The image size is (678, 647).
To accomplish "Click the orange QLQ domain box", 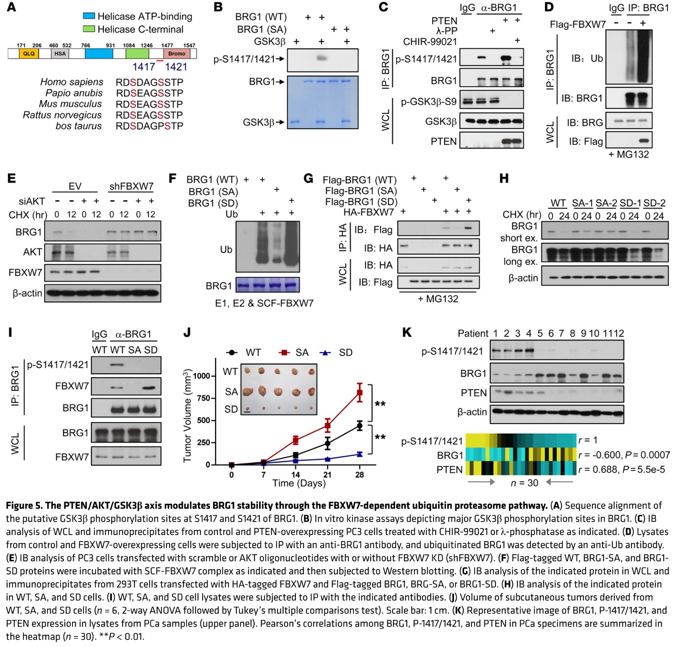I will (x=29, y=53).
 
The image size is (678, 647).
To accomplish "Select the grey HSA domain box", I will (x=60, y=53).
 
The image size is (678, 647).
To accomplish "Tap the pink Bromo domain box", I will (x=176, y=53).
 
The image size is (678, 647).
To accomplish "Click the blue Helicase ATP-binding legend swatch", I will (x=89, y=16).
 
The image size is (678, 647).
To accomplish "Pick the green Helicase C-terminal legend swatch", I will (x=89, y=29).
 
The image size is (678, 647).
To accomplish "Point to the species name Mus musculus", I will (x=70, y=104).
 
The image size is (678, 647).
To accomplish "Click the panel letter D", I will (x=549, y=7).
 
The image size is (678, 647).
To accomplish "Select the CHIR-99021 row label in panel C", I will (x=430, y=41).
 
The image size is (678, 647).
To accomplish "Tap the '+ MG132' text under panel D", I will (x=628, y=155).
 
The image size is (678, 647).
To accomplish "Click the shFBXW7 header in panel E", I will (x=131, y=186).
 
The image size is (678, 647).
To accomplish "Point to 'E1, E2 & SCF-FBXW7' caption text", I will (x=264, y=303).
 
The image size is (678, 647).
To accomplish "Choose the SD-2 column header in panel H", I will (x=654, y=203).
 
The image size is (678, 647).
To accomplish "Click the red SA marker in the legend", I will (x=285, y=352).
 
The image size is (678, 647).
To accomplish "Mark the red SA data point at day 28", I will (x=360, y=393).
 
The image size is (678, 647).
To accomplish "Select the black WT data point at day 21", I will (x=327, y=443).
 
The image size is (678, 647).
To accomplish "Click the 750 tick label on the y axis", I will (x=202, y=398).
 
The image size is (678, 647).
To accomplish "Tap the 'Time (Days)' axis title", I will (x=299, y=483).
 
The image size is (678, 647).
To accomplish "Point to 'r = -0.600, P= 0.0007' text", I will (x=624, y=455).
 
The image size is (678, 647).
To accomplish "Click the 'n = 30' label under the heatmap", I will (x=524, y=483).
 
